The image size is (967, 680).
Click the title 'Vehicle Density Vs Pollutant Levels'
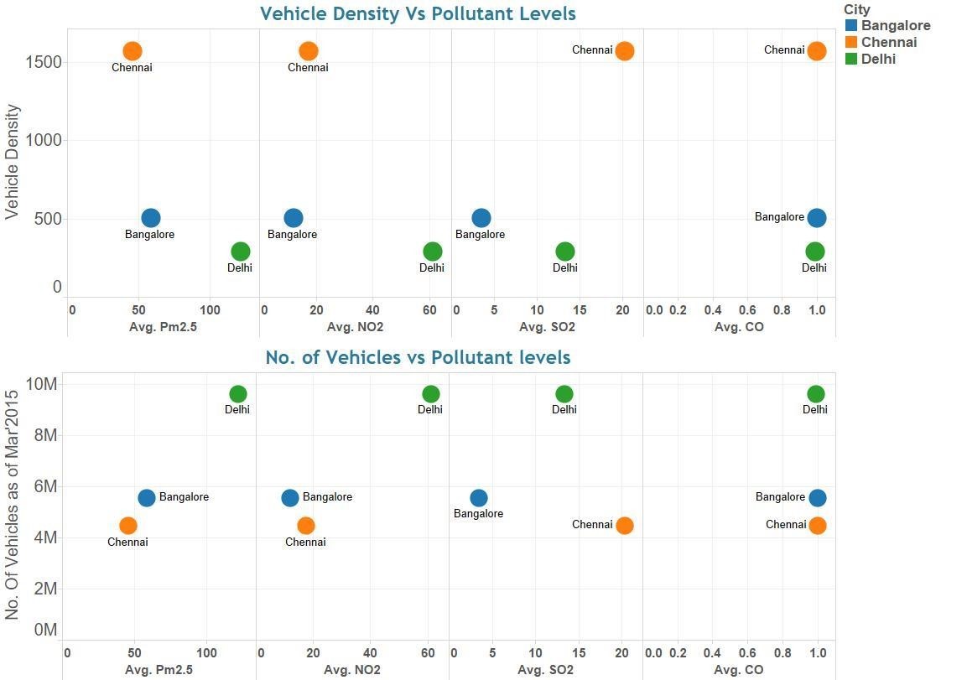pos(418,14)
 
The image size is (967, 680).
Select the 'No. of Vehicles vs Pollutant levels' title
pos(418,358)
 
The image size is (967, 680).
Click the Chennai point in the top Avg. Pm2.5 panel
pos(133,52)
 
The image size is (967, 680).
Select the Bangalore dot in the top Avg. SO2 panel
pos(481,218)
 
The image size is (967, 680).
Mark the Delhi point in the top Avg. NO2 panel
pos(432,252)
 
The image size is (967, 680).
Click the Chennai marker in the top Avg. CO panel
pos(816,51)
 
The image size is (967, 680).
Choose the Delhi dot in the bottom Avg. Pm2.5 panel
pos(238,394)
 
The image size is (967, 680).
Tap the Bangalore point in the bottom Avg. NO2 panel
pos(290,498)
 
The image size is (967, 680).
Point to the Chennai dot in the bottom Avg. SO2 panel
pos(624,526)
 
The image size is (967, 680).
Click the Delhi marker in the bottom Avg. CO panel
pos(815,394)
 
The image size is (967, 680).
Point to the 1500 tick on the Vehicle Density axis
pos(44,62)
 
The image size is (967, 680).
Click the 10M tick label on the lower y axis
pos(42,384)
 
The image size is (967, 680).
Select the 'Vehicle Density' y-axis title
pos(13,162)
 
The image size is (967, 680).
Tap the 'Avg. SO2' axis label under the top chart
pos(547,327)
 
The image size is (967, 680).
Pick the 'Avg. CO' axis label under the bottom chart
pos(738,670)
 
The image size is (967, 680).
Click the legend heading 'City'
pos(856,9)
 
